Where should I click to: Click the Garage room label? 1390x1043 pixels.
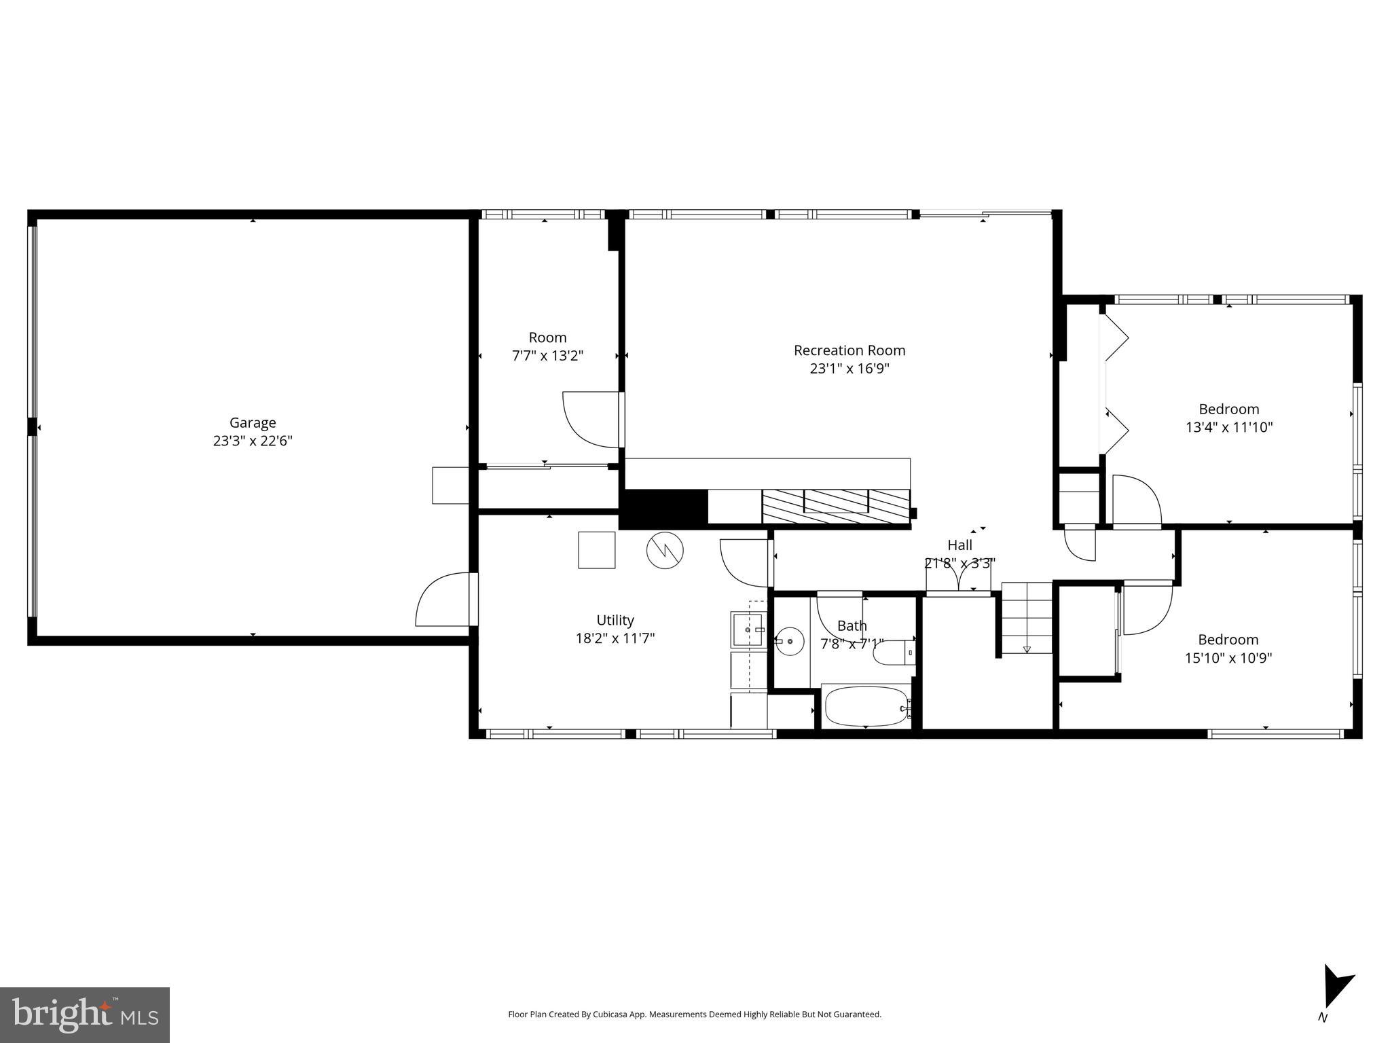252,422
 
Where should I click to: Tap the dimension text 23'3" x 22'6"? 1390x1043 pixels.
252,441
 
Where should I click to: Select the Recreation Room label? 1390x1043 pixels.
849,350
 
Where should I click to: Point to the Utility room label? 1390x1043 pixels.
615,620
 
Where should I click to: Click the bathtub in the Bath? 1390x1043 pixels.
866,707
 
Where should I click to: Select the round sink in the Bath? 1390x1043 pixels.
790,641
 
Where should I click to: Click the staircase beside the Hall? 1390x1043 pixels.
1026,618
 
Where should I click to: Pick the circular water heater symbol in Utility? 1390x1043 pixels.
665,550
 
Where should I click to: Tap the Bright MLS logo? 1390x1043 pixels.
85,1014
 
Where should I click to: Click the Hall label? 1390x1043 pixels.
959,545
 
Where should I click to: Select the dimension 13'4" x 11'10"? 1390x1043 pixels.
1228,427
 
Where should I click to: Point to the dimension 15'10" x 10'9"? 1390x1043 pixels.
1228,658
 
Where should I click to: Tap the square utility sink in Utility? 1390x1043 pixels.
748,629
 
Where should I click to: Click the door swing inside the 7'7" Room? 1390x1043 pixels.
589,420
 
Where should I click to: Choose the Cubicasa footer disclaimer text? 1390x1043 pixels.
695,1014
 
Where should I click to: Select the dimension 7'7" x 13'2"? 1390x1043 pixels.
547,355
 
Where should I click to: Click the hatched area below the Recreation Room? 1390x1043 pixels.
835,507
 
